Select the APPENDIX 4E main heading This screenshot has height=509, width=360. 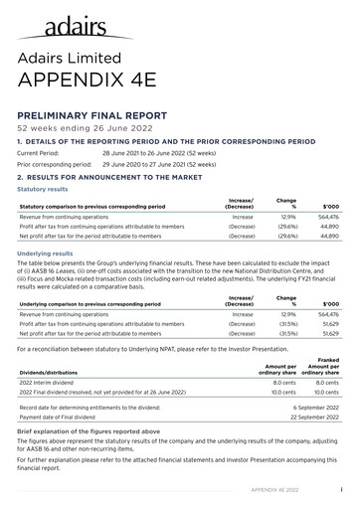pyautogui.click(x=88, y=83)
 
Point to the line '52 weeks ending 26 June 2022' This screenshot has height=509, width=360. pyautogui.click(x=78, y=129)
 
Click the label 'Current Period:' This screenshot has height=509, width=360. pyautogui.click(x=40, y=154)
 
